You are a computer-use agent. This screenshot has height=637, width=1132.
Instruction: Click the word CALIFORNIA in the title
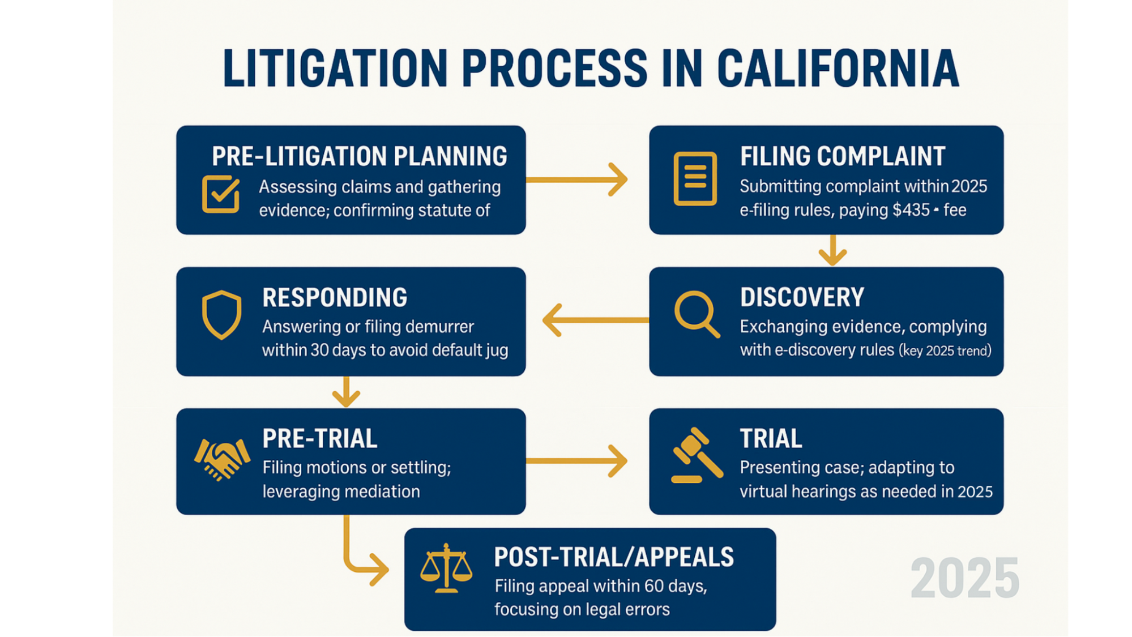[x=838, y=69]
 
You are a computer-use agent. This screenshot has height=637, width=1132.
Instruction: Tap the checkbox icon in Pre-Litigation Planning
[x=220, y=194]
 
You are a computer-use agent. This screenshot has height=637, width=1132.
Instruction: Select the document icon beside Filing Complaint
[x=695, y=178]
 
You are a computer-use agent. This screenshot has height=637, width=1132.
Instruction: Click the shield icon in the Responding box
[x=221, y=315]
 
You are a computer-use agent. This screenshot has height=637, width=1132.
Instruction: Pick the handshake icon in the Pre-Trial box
[x=222, y=459]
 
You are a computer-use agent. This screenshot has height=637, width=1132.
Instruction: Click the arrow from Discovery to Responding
[x=595, y=320]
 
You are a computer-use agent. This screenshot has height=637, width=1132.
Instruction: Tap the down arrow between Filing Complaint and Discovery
[x=832, y=250]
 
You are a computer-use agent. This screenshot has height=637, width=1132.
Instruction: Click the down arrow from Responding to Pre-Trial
[x=346, y=392]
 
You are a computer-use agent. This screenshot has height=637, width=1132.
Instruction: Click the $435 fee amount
[x=911, y=210]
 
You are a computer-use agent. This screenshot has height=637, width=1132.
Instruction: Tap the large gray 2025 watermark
[x=964, y=578]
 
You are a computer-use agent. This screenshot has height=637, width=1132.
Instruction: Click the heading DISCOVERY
[x=802, y=297]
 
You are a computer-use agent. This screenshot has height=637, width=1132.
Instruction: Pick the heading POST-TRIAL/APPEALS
[x=613, y=557]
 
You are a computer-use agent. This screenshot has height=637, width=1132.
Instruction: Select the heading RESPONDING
[x=334, y=298]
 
